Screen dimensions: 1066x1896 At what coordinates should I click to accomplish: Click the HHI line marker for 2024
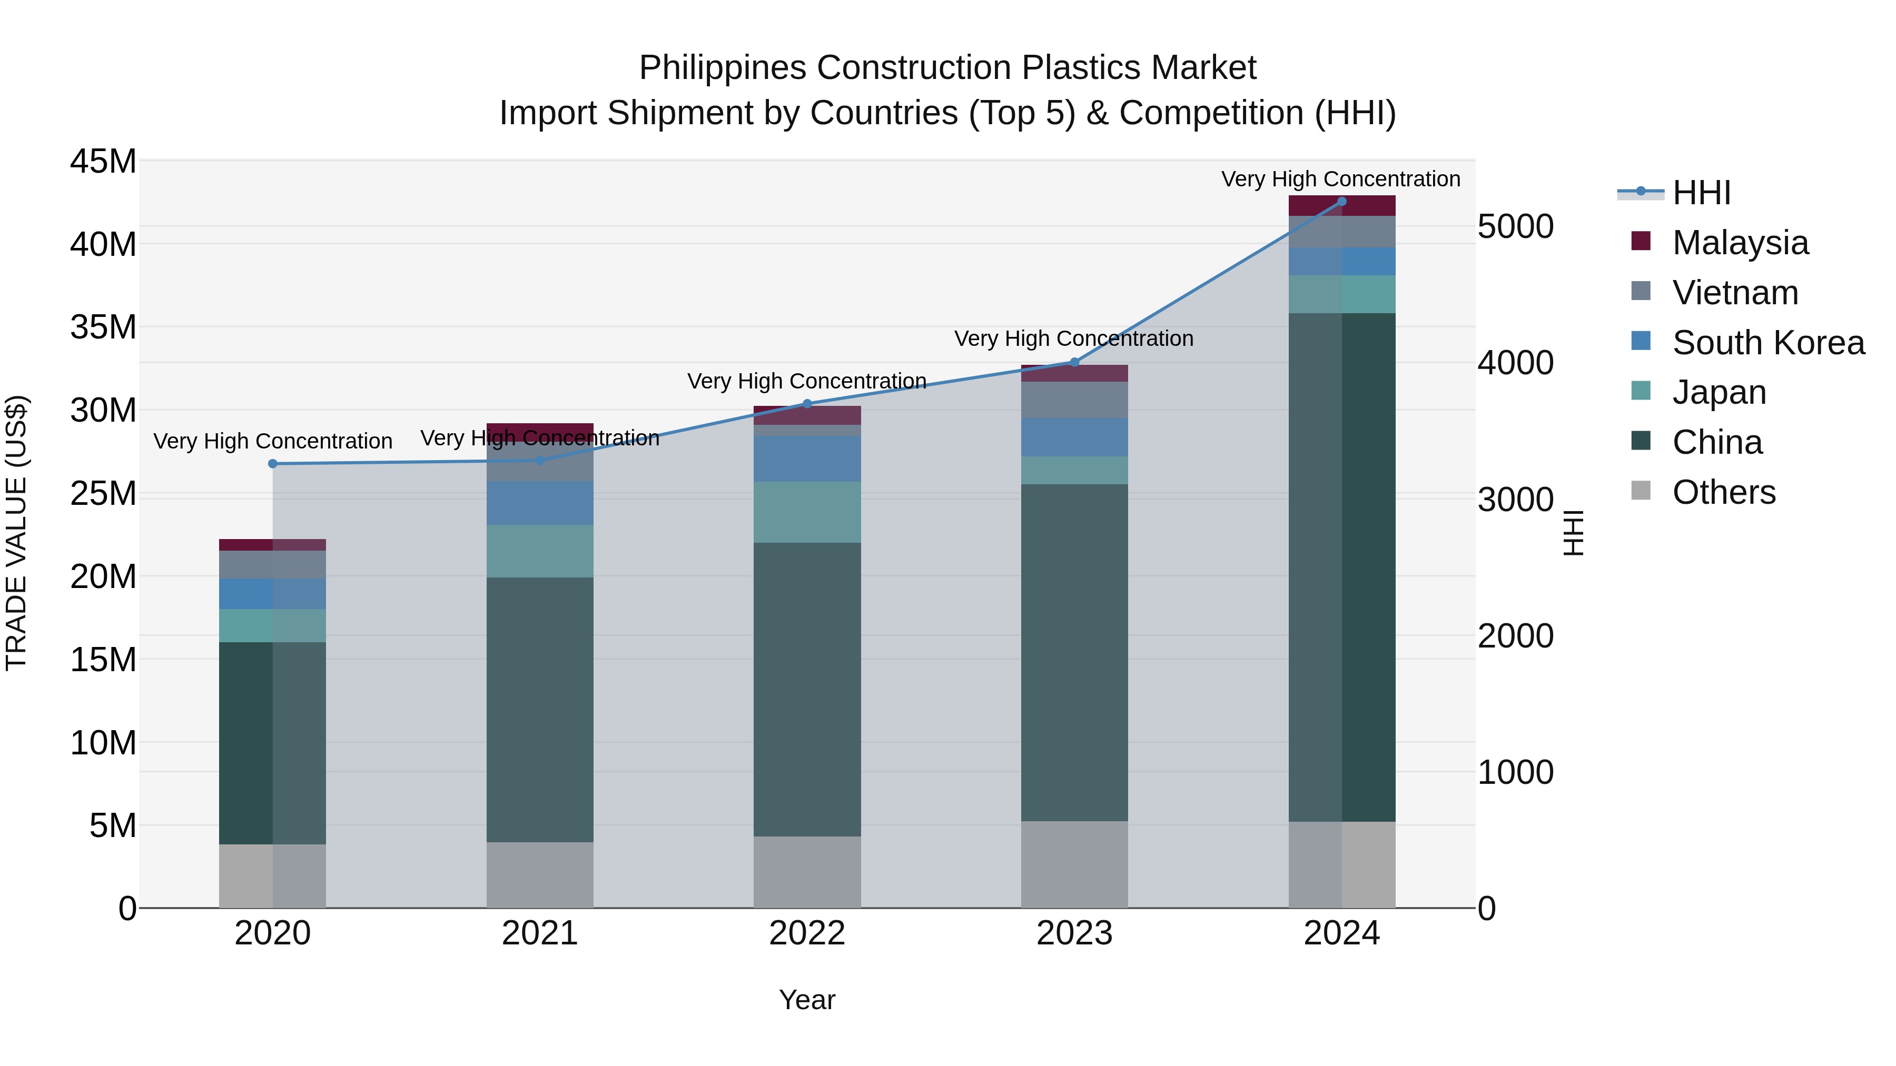(1341, 202)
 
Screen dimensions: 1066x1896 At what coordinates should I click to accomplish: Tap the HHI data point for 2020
(272, 463)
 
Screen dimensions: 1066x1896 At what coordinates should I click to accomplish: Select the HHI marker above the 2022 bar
(807, 404)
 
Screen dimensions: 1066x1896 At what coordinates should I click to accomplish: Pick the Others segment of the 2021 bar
(539, 875)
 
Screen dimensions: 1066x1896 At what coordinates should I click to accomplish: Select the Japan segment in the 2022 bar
(807, 512)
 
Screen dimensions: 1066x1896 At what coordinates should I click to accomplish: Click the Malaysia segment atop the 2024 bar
(1341, 206)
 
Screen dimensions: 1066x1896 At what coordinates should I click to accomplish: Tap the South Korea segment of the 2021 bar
(539, 503)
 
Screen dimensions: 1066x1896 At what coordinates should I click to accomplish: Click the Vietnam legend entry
(1735, 293)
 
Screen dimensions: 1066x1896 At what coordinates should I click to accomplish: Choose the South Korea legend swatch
(1641, 341)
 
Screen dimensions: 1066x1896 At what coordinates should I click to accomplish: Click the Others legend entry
(1723, 492)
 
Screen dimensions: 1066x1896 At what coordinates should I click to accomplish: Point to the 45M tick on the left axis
(103, 161)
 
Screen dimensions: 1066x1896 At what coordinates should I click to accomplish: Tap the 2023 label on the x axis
(1074, 933)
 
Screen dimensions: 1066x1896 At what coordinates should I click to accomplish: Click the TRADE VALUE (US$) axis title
(16, 533)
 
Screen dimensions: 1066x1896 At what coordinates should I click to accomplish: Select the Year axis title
(807, 1000)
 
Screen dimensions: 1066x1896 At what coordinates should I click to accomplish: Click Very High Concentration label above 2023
(1074, 338)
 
